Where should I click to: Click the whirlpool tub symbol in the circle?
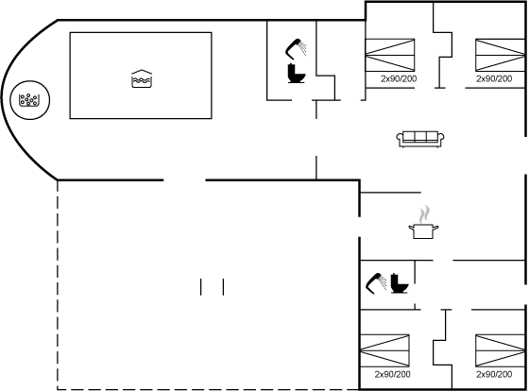click(28, 100)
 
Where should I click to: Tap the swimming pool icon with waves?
click(142, 79)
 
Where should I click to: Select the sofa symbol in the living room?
click(420, 140)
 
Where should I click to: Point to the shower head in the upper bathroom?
click(296, 49)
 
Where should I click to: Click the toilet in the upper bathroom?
click(297, 74)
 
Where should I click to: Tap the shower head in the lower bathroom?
click(376, 283)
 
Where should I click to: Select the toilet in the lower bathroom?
click(399, 283)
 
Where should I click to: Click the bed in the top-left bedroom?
click(390, 55)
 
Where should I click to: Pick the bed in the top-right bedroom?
click(501, 55)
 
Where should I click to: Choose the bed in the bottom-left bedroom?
click(385, 350)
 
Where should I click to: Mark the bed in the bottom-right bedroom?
click(501, 350)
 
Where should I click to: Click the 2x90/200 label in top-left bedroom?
click(399, 78)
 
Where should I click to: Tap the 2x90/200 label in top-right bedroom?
click(494, 78)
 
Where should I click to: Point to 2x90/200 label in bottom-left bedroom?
click(392, 374)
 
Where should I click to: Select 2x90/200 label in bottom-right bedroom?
click(494, 374)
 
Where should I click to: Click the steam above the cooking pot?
click(424, 213)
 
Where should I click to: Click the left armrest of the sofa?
click(400, 138)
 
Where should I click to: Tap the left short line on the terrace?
click(201, 287)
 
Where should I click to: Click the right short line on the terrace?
click(223, 287)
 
